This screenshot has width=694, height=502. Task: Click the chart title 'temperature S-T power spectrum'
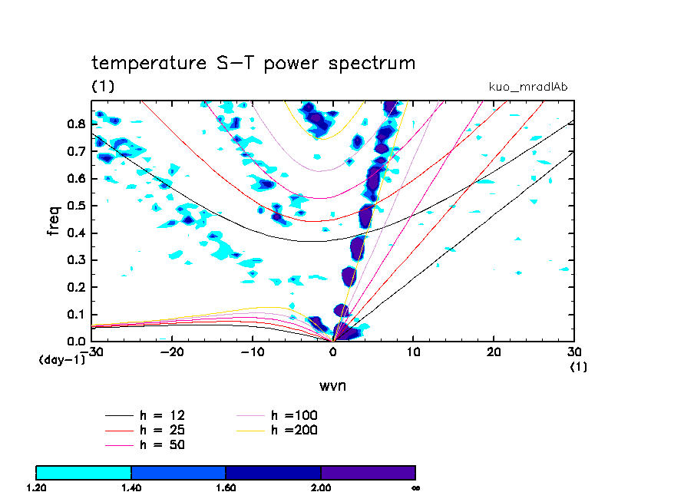[x=253, y=63]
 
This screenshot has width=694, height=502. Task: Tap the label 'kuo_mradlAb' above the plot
[x=528, y=87]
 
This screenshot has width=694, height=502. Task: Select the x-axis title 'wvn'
[x=333, y=385]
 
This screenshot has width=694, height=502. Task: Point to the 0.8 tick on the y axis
[x=77, y=124]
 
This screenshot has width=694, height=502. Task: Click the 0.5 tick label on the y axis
[x=77, y=206]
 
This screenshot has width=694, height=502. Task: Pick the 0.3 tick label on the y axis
[x=77, y=260]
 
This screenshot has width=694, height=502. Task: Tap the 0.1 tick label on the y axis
[x=77, y=315]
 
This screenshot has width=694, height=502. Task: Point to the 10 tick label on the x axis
[x=413, y=352]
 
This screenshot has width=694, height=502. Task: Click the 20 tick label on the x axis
[x=494, y=352]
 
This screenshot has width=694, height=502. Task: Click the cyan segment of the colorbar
[x=84, y=471]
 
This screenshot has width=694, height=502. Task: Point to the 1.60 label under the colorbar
[x=226, y=487]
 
